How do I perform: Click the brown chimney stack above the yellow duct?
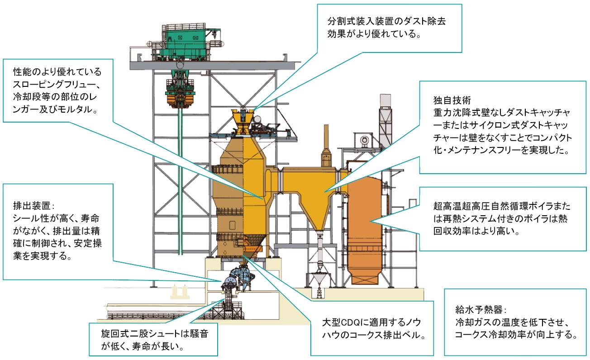click(x=326, y=145)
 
